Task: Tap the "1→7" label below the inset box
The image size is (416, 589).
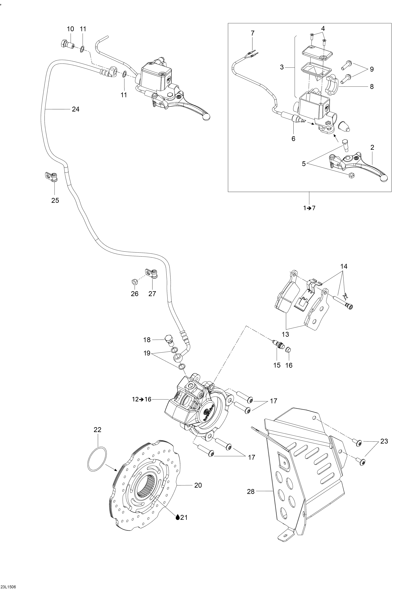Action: click(309, 208)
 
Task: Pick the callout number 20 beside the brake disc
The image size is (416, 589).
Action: click(198, 485)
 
